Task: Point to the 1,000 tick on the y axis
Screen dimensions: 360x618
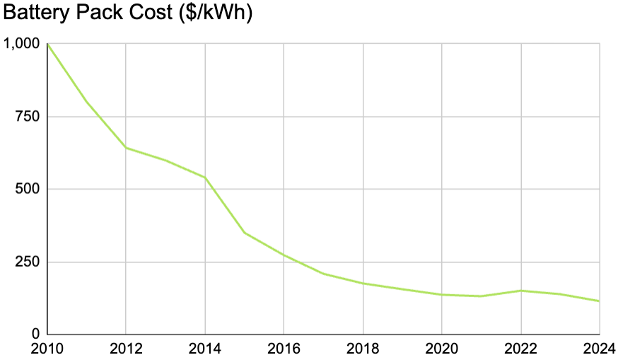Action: click(x=23, y=44)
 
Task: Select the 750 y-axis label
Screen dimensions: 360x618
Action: click(x=29, y=117)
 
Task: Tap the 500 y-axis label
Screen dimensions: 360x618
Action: click(x=29, y=189)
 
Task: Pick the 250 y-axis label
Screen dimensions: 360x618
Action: click(x=29, y=262)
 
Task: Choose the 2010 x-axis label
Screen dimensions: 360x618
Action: click(x=47, y=349)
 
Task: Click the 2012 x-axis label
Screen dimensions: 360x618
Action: click(x=126, y=349)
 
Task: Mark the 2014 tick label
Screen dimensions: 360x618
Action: click(x=205, y=349)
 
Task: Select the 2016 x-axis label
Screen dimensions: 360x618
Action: click(x=284, y=349)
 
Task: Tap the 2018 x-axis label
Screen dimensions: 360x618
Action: click(x=363, y=349)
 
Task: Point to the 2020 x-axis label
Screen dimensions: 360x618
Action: click(x=442, y=349)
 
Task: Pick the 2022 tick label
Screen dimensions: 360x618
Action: click(x=521, y=349)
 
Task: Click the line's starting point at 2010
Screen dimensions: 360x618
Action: click(x=47, y=44)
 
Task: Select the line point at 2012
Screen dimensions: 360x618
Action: click(x=126, y=148)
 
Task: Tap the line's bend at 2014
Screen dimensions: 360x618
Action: click(x=205, y=178)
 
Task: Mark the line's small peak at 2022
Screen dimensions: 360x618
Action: click(x=521, y=291)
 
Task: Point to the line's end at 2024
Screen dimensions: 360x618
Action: click(x=599, y=301)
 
